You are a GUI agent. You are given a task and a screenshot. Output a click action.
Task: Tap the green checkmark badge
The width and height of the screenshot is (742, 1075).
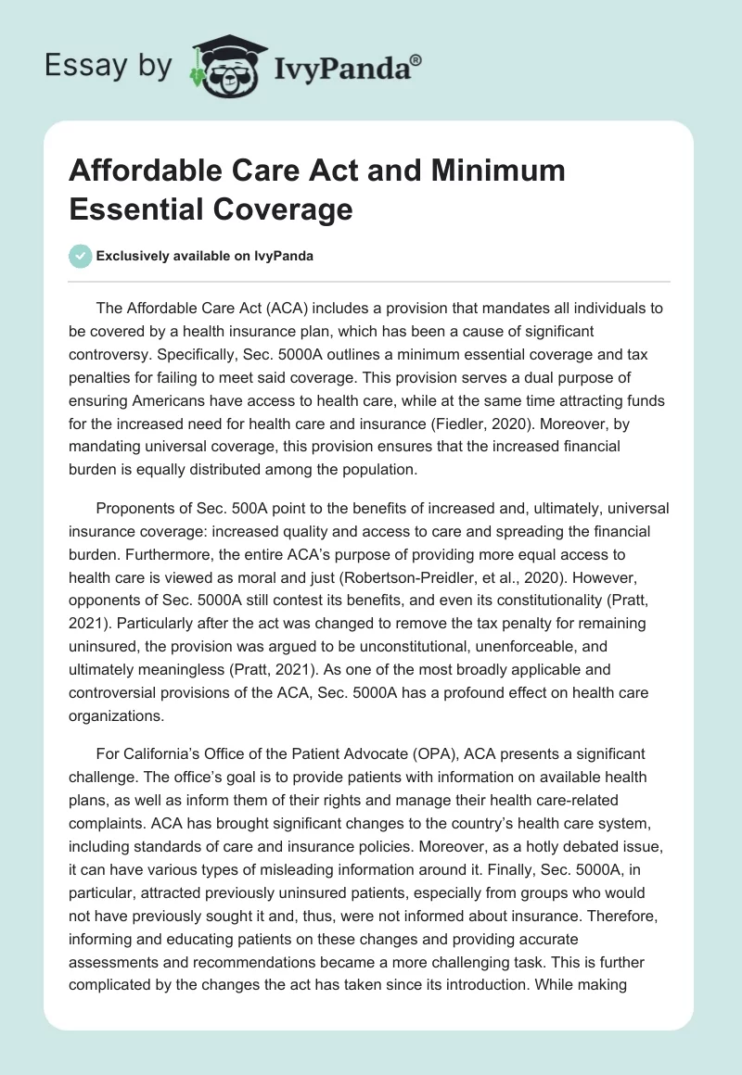81,256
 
